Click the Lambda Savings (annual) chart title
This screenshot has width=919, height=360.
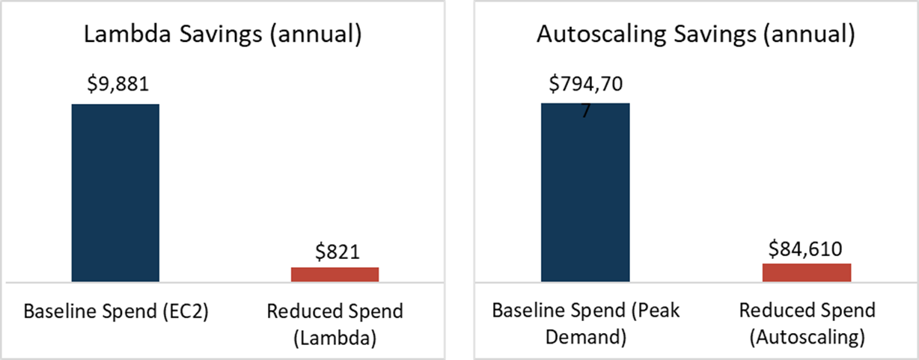(x=223, y=35)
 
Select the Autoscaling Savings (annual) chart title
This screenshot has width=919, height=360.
(x=695, y=35)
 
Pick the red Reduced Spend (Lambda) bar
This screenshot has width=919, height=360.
(x=335, y=274)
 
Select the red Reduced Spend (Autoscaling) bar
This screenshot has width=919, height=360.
(x=807, y=272)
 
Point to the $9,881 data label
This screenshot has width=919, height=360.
(x=115, y=83)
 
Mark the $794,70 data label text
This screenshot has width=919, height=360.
(x=585, y=83)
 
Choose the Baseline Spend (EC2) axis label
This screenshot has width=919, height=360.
(x=115, y=311)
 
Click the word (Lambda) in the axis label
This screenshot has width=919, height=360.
(x=335, y=338)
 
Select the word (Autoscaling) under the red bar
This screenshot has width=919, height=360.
(x=807, y=338)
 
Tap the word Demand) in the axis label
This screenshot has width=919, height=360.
(x=585, y=338)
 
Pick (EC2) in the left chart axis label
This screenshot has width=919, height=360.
(x=185, y=311)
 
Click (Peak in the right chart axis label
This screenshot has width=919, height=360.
(x=657, y=311)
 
